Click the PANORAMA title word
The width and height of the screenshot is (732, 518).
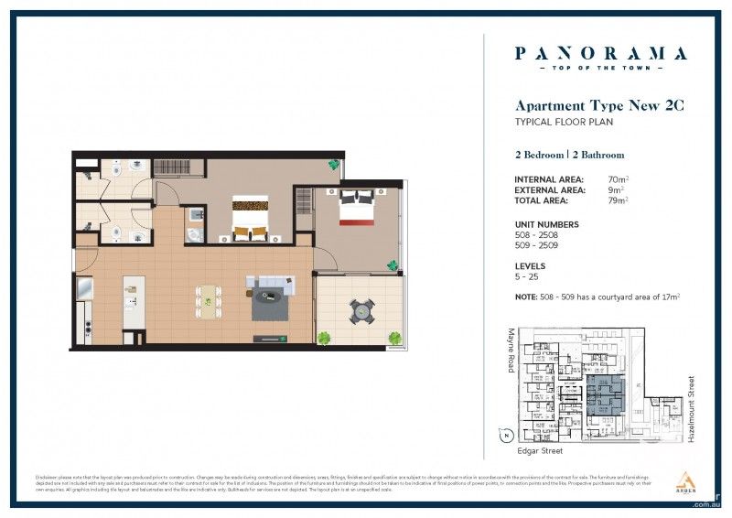[600, 53]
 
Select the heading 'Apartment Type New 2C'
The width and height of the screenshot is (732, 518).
[599, 106]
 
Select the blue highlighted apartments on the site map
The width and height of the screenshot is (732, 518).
[603, 396]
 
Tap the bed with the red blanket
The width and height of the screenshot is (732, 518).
[356, 208]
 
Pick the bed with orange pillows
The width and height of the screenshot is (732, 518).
[249, 218]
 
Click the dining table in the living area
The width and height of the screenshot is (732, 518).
[210, 301]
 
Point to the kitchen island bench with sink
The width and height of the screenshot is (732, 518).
[134, 301]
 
